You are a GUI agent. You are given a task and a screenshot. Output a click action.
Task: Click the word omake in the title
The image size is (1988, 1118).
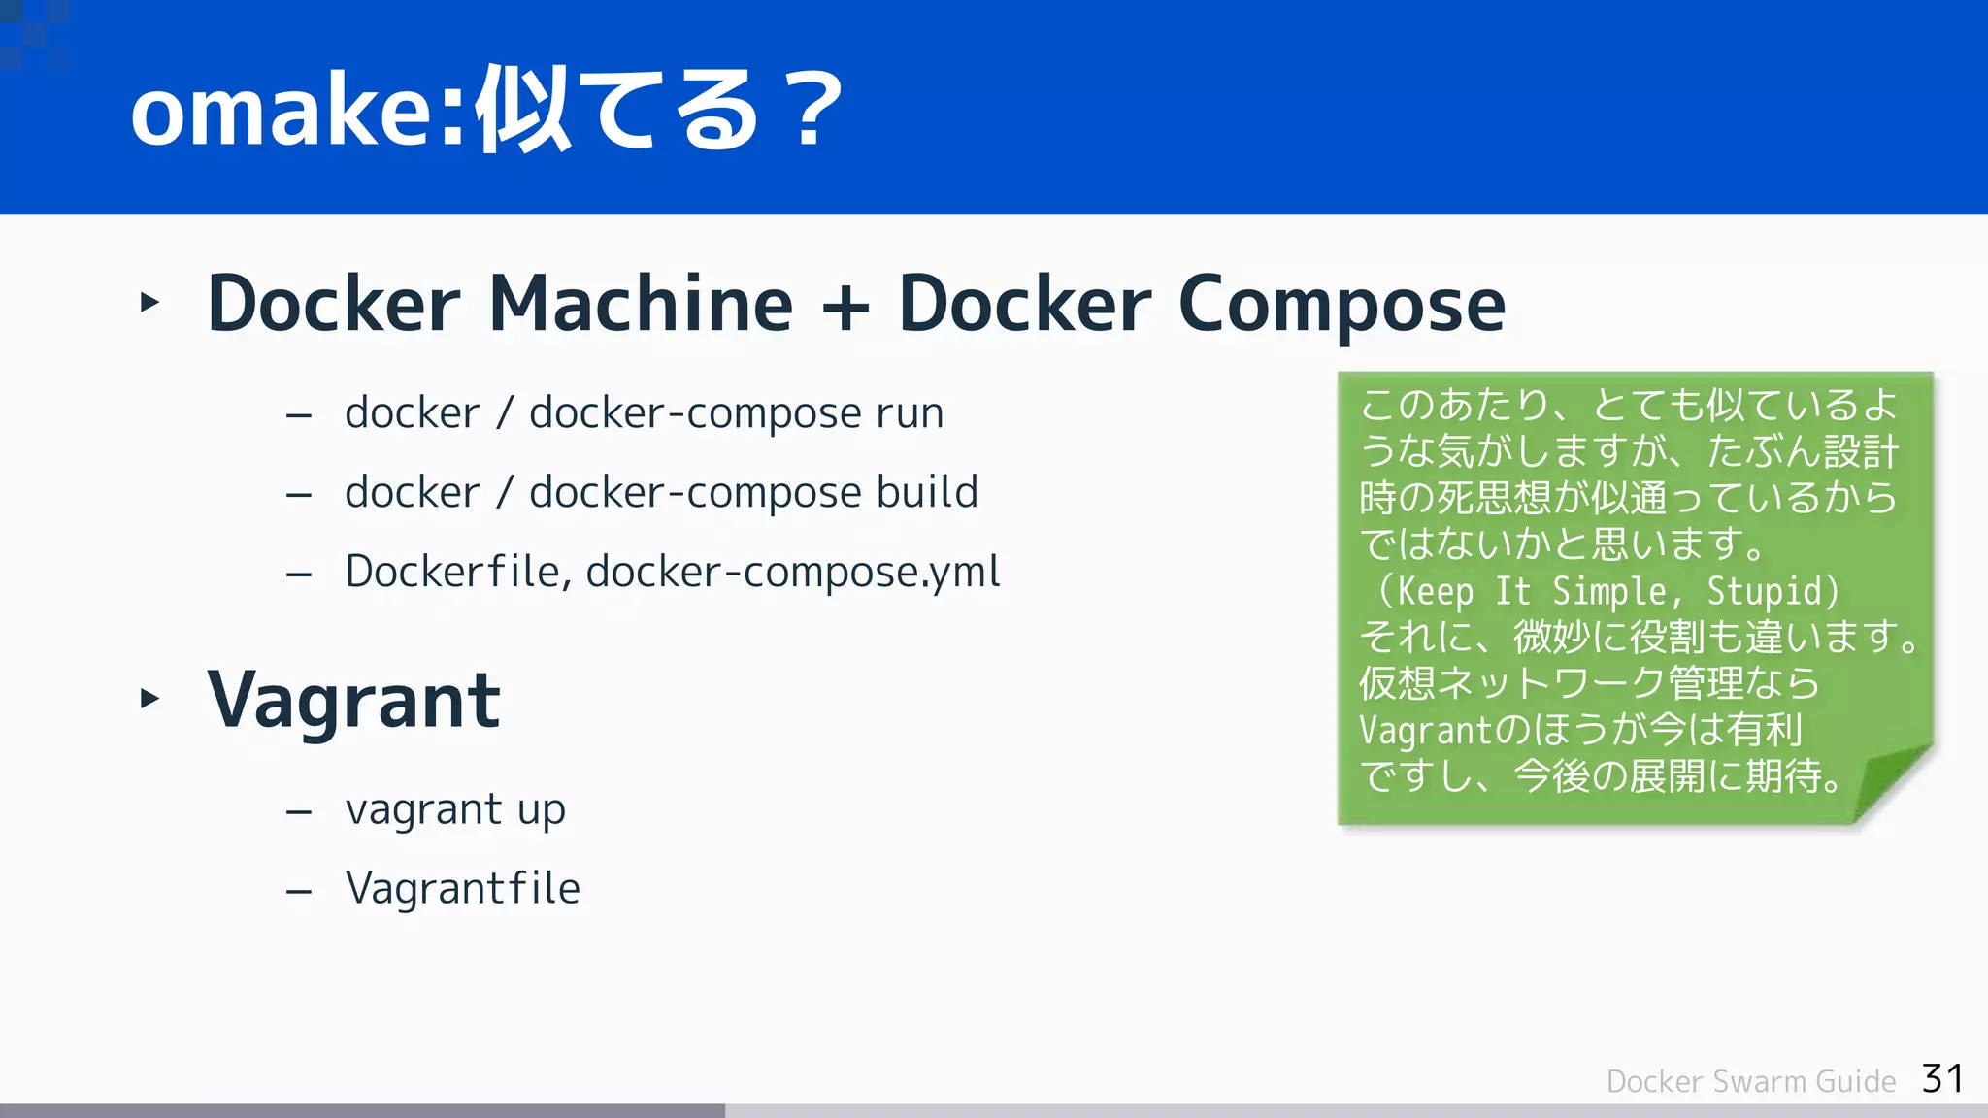[282, 112]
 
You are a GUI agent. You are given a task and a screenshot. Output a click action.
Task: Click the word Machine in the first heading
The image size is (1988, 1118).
[641, 304]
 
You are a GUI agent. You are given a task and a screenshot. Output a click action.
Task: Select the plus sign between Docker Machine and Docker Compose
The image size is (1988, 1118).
[845, 307]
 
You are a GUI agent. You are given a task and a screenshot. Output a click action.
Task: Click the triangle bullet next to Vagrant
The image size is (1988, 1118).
[149, 698]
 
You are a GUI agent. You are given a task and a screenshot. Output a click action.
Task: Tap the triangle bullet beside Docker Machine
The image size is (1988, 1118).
[149, 302]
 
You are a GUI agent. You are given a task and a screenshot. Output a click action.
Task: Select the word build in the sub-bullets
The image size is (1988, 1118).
[926, 493]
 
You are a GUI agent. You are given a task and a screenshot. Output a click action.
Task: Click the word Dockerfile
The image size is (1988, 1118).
[451, 572]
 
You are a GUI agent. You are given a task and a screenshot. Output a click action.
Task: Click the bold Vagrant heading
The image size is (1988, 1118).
[353, 701]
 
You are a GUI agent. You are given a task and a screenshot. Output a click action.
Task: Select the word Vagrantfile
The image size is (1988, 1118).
[462, 888]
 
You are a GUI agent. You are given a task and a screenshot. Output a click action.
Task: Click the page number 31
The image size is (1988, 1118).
[1942, 1078]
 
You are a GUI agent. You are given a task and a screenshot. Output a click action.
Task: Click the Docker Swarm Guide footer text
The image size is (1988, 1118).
[1750, 1081]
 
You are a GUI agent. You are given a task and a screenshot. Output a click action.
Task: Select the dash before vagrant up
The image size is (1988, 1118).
[299, 811]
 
